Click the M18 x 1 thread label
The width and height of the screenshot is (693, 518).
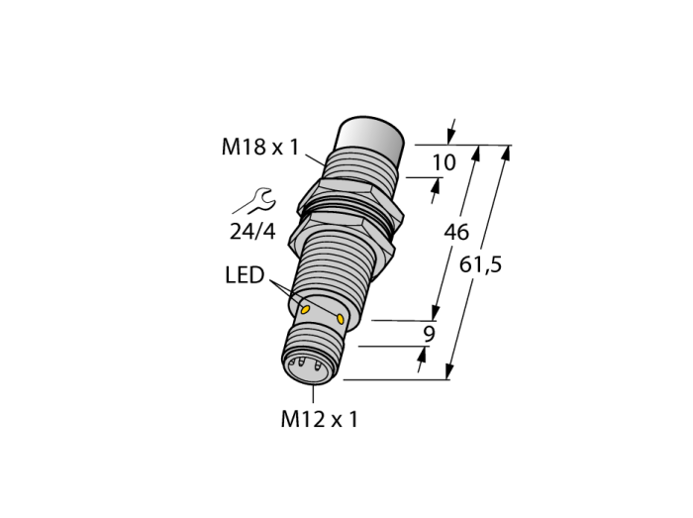pyautogui.click(x=260, y=147)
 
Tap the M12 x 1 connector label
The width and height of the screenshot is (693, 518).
pyautogui.click(x=319, y=419)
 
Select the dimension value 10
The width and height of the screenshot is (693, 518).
pyautogui.click(x=444, y=162)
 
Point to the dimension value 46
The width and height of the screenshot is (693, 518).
pyautogui.click(x=456, y=232)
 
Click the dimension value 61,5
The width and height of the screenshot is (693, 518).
pyautogui.click(x=480, y=265)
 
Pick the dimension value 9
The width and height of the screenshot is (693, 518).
pyautogui.click(x=429, y=334)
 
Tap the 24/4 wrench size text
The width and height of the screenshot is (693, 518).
pyautogui.click(x=252, y=231)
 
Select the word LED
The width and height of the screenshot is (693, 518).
pyautogui.click(x=245, y=275)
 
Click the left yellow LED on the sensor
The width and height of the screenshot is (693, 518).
pyautogui.click(x=305, y=308)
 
